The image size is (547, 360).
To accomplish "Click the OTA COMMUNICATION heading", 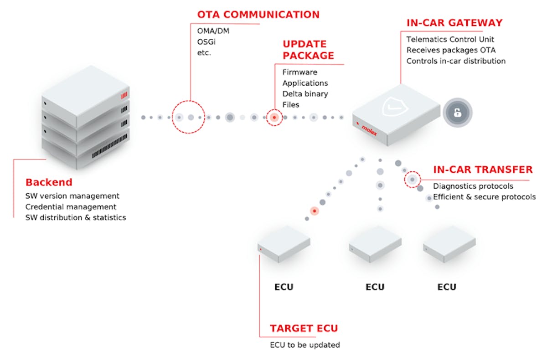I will [x=258, y=14].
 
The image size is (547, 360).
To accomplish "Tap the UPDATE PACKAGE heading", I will [x=308, y=50].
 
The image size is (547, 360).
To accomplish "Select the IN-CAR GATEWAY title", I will [x=454, y=23].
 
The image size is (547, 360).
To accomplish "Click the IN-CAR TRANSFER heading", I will [x=483, y=170].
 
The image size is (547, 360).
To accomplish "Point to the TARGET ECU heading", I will [x=304, y=329].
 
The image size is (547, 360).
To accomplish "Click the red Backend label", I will [x=49, y=182].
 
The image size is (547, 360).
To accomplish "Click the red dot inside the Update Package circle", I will [x=274, y=118].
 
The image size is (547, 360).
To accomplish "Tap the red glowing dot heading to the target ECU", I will [x=314, y=211].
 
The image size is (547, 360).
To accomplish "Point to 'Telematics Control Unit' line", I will [x=450, y=40].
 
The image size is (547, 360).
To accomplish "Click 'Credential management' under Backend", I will [x=71, y=207].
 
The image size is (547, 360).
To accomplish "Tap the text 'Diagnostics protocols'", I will [x=473, y=186].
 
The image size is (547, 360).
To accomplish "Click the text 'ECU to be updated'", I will [x=305, y=345].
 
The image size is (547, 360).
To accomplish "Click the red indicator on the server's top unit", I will [x=124, y=96].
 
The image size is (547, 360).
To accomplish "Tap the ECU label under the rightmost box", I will [x=447, y=287].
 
